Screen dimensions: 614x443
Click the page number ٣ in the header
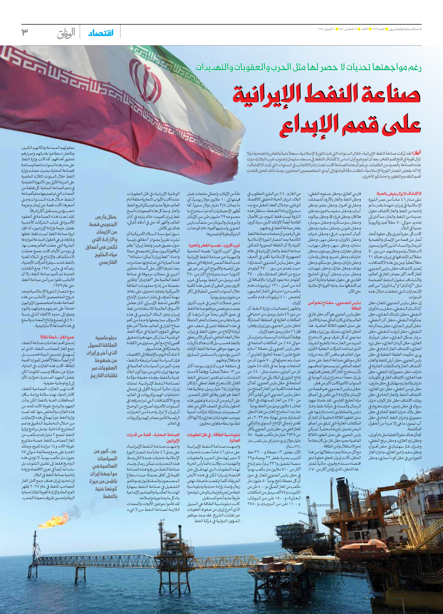point(24,33)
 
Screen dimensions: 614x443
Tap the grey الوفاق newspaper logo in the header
point(66,33)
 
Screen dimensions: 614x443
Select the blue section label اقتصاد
point(101,33)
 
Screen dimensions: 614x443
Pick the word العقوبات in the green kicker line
point(281,67)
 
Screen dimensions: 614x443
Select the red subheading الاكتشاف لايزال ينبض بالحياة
point(402,194)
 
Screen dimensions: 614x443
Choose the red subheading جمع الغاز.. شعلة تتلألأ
point(57,337)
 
